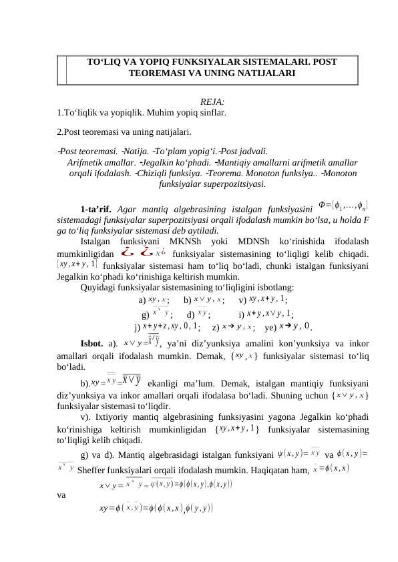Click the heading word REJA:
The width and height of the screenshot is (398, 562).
212,101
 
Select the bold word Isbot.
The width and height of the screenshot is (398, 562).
91,344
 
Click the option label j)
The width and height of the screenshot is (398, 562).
138,327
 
